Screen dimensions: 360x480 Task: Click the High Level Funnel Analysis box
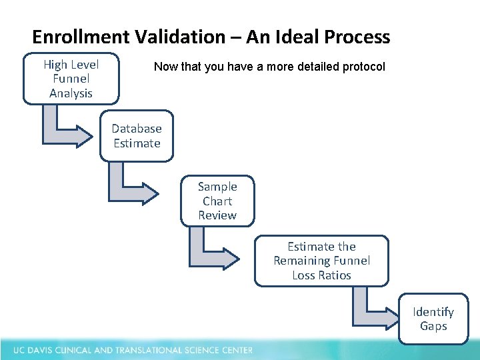coord(71,79)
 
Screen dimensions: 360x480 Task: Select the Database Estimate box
coord(137,136)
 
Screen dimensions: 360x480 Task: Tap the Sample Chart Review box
coord(217,201)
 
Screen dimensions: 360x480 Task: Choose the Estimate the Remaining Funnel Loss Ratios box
coord(321,261)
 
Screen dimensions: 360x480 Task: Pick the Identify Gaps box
coord(433,319)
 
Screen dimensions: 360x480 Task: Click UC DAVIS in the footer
coord(31,350)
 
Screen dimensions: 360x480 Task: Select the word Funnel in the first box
coord(71,79)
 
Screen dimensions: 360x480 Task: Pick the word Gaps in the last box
coord(433,326)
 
